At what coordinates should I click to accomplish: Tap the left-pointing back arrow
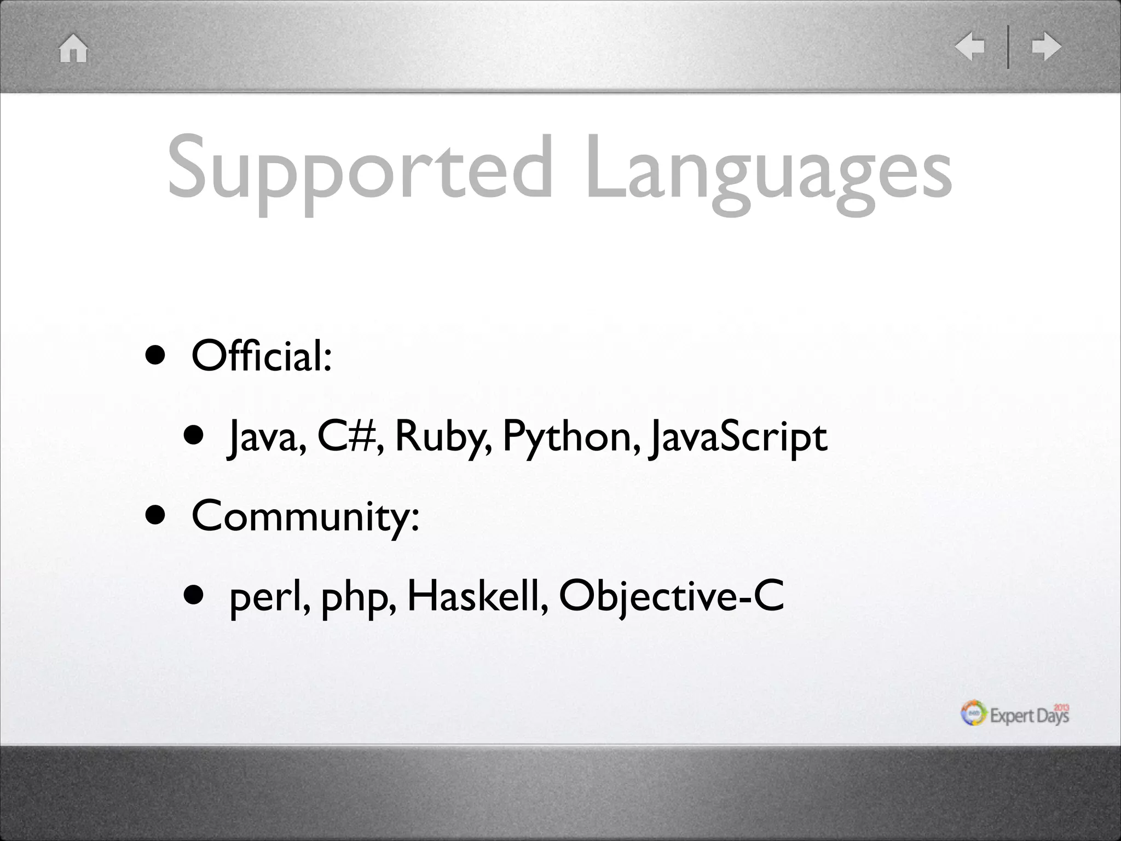pyautogui.click(x=969, y=47)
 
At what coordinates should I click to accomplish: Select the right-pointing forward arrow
pyautogui.click(x=1046, y=47)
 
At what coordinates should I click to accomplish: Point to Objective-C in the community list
pyautogui.click(x=671, y=597)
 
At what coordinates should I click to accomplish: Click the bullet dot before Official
pyautogui.click(x=155, y=356)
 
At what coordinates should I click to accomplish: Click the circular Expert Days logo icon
pyautogui.click(x=974, y=713)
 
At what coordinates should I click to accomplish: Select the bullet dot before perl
pyautogui.click(x=194, y=596)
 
